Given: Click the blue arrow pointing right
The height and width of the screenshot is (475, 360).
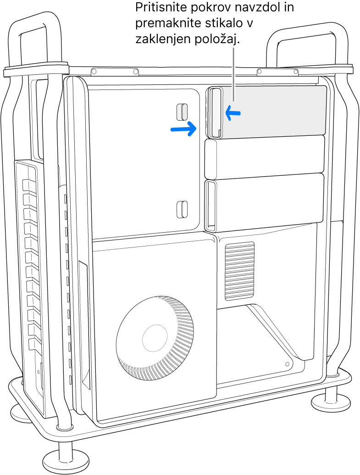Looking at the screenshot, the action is point(183,129).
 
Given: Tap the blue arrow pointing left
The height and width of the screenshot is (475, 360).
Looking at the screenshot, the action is point(233,113).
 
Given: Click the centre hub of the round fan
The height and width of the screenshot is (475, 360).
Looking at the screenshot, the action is point(155,336).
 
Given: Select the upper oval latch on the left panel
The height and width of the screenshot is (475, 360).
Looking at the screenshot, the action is point(182,112).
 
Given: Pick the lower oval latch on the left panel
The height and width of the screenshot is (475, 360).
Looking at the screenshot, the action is point(182,209).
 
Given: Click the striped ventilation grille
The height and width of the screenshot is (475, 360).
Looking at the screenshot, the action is point(240,271).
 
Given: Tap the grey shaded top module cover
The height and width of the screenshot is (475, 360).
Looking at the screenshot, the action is point(266,112).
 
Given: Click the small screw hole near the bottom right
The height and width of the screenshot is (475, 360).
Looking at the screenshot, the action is point(288,363).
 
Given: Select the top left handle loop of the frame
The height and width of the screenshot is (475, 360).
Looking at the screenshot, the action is point(35,42).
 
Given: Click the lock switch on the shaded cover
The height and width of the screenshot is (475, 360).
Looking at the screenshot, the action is point(214,112).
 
